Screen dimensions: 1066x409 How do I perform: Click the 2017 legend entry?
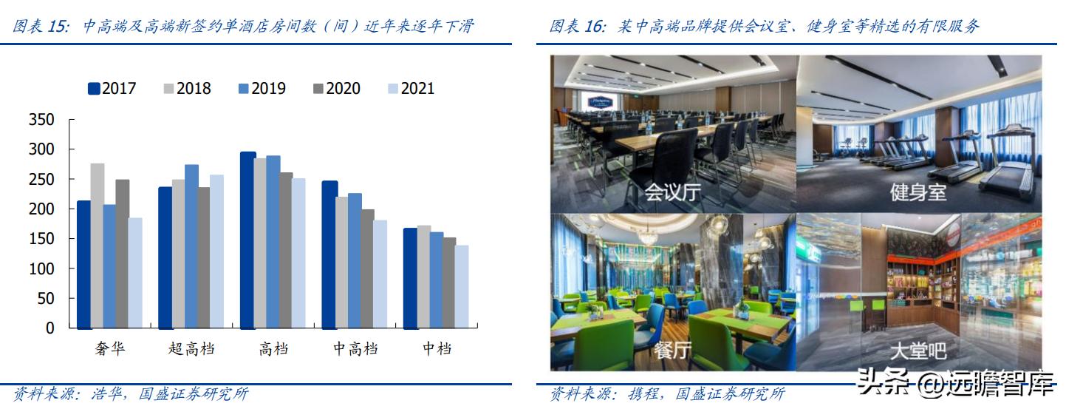click(x=112, y=89)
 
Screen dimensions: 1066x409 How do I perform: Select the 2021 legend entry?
click(x=411, y=89)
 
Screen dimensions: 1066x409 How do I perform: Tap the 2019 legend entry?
click(x=262, y=89)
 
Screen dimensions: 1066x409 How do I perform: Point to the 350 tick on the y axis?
click(x=42, y=120)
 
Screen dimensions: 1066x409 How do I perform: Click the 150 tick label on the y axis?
click(x=42, y=239)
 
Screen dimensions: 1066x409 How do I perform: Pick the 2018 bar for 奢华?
click(x=97, y=246)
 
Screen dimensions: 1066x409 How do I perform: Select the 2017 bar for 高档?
click(x=247, y=240)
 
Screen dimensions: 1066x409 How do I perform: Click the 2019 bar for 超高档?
click(x=191, y=246)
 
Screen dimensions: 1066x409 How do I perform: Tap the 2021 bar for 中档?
click(x=462, y=287)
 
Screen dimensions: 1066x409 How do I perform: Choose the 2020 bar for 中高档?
click(x=367, y=269)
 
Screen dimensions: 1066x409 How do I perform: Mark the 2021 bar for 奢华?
click(x=135, y=273)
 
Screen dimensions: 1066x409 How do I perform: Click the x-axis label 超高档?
click(x=191, y=349)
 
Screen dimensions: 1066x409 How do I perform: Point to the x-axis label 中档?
click(x=437, y=349)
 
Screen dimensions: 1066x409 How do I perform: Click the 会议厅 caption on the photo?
click(x=672, y=192)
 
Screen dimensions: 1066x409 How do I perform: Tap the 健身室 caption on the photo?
click(x=918, y=192)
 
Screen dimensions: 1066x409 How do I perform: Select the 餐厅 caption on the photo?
click(x=672, y=351)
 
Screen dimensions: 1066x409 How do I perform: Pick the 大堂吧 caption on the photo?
click(x=918, y=351)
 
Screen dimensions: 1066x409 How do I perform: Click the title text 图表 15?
click(x=41, y=26)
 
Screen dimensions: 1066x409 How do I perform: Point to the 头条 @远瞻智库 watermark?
click(x=955, y=383)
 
